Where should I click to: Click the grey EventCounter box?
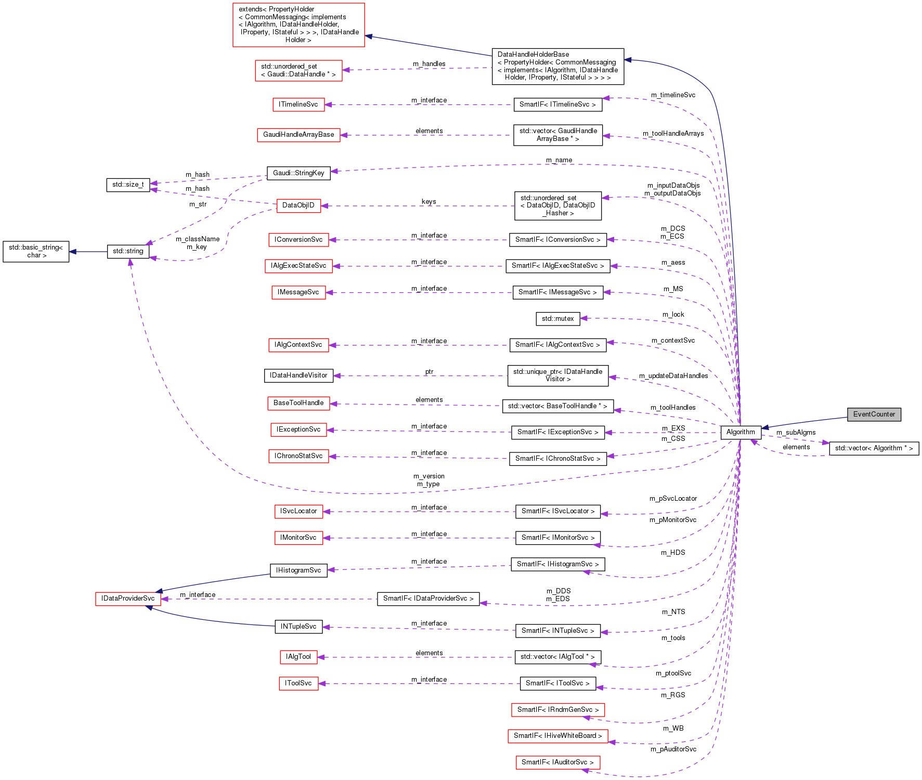874,414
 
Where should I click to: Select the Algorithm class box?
741,432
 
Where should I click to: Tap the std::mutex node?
557,319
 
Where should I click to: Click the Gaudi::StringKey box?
298,173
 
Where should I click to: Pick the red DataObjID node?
298,205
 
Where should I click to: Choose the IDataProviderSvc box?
128,599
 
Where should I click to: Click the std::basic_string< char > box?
36,252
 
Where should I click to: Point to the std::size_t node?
128,185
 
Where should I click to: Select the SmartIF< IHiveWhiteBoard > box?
557,736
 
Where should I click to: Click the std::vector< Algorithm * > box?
874,448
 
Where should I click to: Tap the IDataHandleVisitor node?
298,375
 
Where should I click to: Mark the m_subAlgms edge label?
796,433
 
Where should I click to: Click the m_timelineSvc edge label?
673,95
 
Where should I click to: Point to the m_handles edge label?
429,64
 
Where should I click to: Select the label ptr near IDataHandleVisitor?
429,372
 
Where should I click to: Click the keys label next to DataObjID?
428,202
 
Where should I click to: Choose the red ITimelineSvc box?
298,105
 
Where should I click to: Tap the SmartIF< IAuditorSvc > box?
557,762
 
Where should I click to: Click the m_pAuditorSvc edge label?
673,749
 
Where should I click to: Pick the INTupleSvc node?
298,627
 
